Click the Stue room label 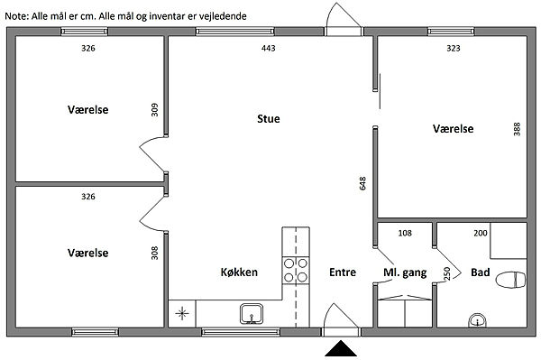(x=269, y=119)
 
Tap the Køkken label (x=239, y=272)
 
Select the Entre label (x=343, y=272)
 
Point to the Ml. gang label (x=405, y=272)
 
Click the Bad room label (x=481, y=272)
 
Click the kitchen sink (x=252, y=314)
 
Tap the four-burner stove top (x=296, y=271)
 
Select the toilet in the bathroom (x=511, y=279)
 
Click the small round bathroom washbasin (x=478, y=320)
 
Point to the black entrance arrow (x=341, y=348)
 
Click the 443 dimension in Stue (x=269, y=48)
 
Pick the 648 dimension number (x=362, y=183)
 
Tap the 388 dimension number (x=517, y=129)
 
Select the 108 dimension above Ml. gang (x=405, y=233)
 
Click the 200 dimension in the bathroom (x=481, y=233)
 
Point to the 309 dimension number (x=154, y=110)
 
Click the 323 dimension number (x=454, y=48)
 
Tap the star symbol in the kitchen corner (x=182, y=314)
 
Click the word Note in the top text (x=16, y=16)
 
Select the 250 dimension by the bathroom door (x=447, y=273)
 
